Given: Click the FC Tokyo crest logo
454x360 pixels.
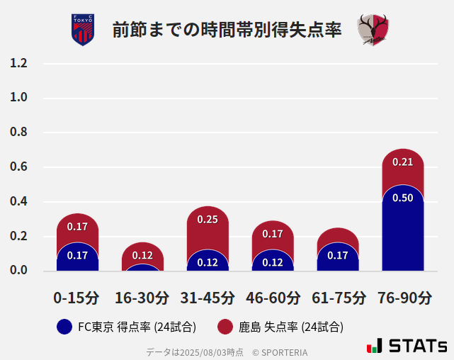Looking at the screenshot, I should (83, 30).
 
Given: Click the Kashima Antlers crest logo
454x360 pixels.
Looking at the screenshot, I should (373, 30).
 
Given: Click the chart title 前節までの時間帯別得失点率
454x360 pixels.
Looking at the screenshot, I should (227, 30).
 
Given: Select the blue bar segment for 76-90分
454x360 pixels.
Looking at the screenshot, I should (402, 230).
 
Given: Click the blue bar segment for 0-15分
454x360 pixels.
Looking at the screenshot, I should (77, 257).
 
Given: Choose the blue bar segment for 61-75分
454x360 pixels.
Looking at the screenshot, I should (338, 257).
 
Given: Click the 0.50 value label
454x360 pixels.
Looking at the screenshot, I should (402, 198).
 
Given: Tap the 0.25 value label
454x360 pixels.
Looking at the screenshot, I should (208, 220).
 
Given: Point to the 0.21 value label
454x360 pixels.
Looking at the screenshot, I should (402, 162).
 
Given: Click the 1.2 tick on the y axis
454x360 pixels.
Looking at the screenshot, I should (19, 63).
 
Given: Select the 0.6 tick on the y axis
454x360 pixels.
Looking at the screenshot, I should (19, 167).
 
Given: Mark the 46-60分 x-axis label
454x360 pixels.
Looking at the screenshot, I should (273, 298).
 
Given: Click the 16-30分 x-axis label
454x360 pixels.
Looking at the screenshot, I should (142, 298).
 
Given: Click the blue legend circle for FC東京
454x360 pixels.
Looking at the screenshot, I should (64, 327).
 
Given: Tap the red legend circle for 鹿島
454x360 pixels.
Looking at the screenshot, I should (225, 327).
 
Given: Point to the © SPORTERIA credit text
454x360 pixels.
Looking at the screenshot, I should (280, 352).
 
